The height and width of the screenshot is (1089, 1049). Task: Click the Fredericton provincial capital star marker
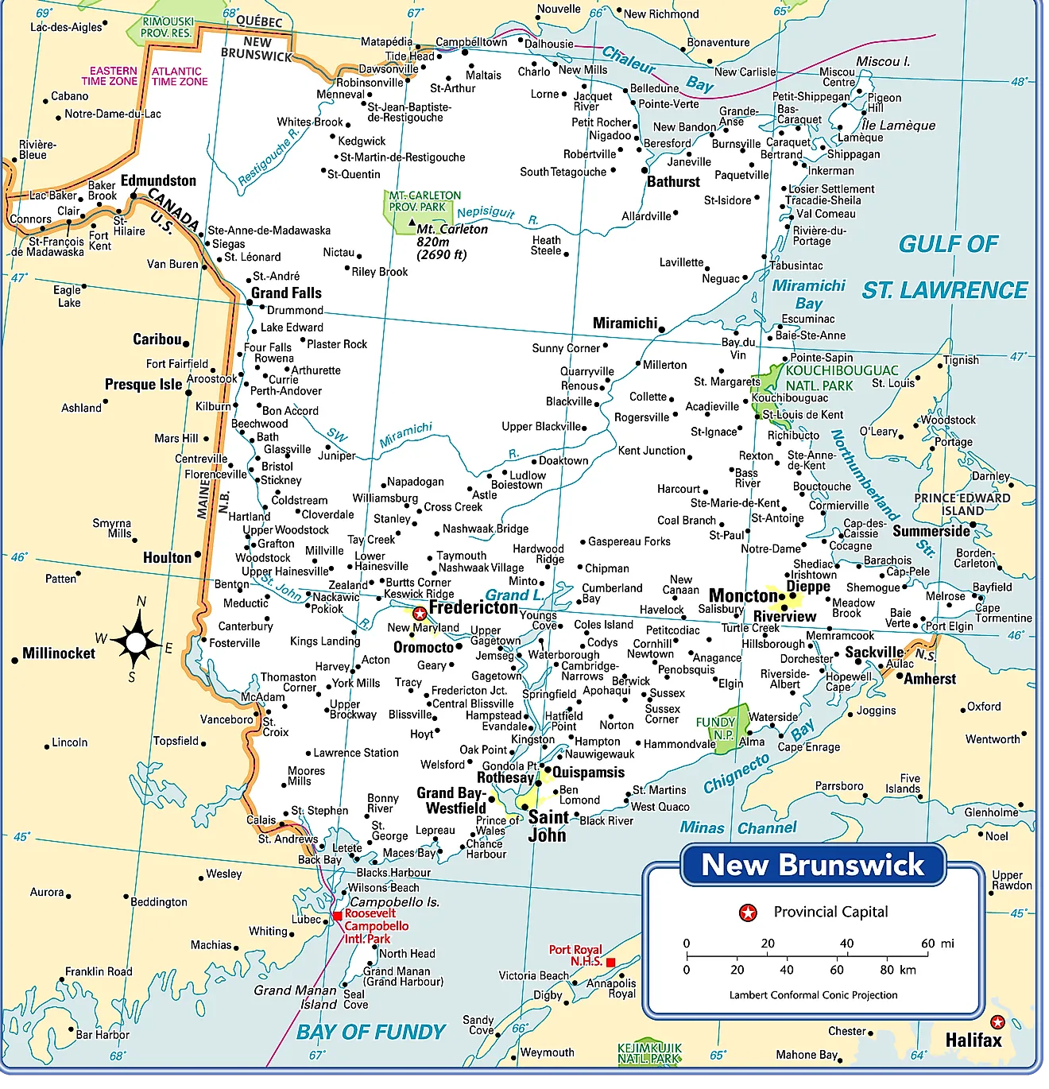pos(420,614)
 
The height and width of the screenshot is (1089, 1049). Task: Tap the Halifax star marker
pos(997,1022)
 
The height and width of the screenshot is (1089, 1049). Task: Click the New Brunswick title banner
pos(813,865)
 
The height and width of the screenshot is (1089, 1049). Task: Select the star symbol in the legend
pos(748,913)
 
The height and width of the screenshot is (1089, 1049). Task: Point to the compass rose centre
pos(136,641)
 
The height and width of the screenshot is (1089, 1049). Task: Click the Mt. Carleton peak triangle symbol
pos(412,222)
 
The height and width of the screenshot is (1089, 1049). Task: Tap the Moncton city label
pos(743,595)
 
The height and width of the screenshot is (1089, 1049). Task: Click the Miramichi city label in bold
pos(625,323)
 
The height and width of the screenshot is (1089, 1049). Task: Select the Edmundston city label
pos(158,180)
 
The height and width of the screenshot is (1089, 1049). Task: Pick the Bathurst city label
pos(673,181)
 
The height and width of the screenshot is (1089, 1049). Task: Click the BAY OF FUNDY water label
pos(370,1032)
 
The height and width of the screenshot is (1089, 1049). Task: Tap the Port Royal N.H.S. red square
pos(610,963)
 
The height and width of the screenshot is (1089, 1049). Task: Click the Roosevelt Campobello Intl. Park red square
pos(338,916)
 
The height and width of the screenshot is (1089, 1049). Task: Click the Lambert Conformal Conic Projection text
pos(813,995)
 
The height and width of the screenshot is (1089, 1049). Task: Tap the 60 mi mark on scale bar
pos(927,954)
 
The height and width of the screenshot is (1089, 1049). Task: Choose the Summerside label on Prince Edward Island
pos(931,531)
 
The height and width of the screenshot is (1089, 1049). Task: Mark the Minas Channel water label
pos(737,828)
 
